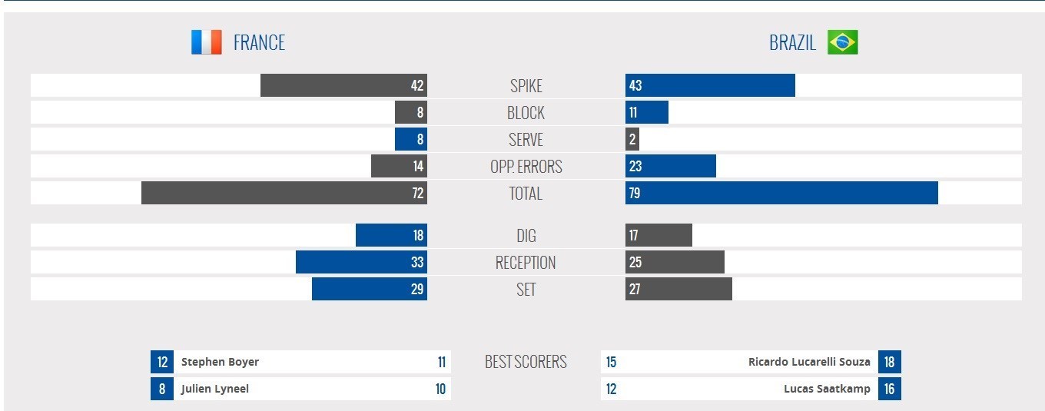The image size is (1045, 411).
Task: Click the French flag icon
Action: pyautogui.click(x=206, y=42)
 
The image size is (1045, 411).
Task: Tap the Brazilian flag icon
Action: pyautogui.click(x=842, y=42)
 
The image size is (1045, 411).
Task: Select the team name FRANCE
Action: pyautogui.click(x=259, y=42)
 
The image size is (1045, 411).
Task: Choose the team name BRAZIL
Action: pyautogui.click(x=792, y=42)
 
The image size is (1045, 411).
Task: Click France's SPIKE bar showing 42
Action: pyautogui.click(x=343, y=85)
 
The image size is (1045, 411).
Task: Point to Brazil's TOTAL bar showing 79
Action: pyautogui.click(x=781, y=193)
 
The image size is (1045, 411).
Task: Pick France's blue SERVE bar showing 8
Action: pyautogui.click(x=411, y=139)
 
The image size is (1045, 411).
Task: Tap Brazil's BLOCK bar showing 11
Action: pyautogui.click(x=647, y=112)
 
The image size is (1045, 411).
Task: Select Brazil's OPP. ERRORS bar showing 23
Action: pyautogui.click(x=671, y=166)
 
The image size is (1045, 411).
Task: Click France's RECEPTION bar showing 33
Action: pyautogui.click(x=361, y=262)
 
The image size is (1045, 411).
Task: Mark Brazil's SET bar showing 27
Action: pyautogui.click(x=678, y=289)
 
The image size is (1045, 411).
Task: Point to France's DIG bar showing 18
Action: pyautogui.click(x=391, y=235)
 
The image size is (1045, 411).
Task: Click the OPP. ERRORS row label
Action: pyautogui.click(x=526, y=166)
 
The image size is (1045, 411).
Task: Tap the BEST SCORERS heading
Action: pyautogui.click(x=526, y=362)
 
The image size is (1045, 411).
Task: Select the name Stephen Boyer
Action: pyautogui.click(x=220, y=362)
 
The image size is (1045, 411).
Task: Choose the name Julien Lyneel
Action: pyautogui.click(x=215, y=389)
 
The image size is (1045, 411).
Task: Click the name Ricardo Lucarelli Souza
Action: pyautogui.click(x=809, y=362)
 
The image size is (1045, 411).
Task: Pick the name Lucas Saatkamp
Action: pyautogui.click(x=827, y=389)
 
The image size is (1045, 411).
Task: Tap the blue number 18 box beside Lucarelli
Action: pyautogui.click(x=889, y=362)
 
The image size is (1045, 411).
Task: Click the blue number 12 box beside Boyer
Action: pyautogui.click(x=162, y=362)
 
